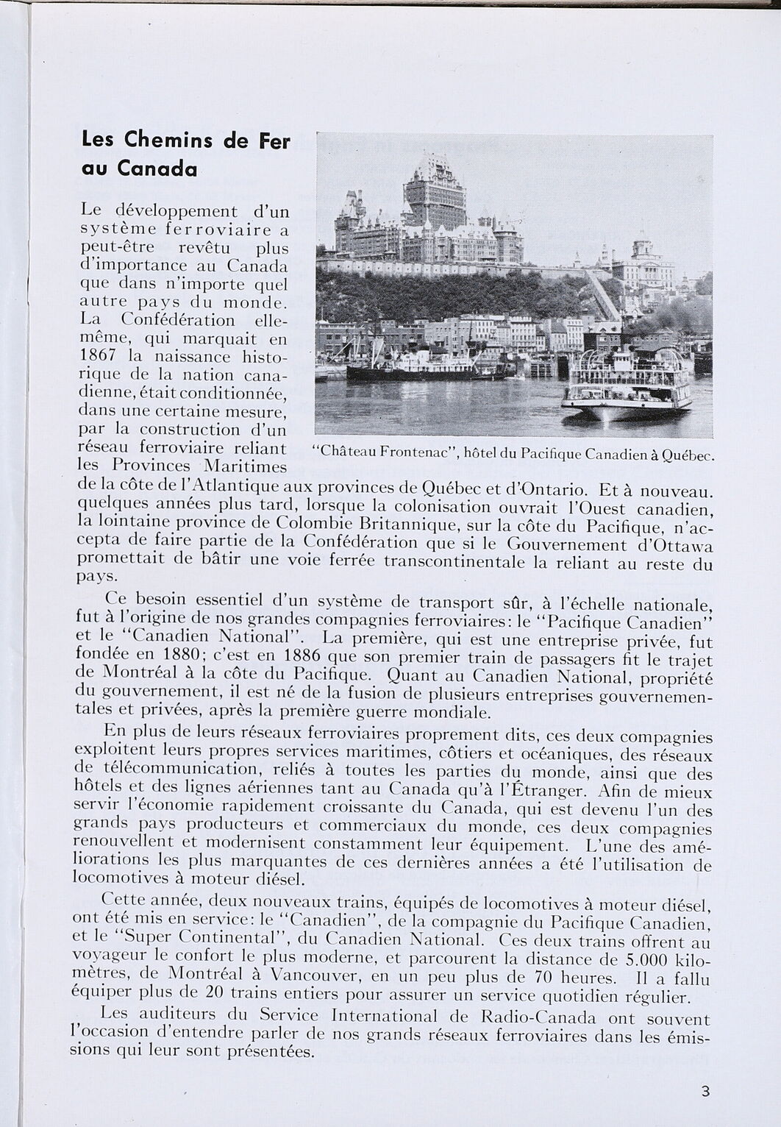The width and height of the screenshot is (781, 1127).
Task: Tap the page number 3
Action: pyautogui.click(x=705, y=1091)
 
